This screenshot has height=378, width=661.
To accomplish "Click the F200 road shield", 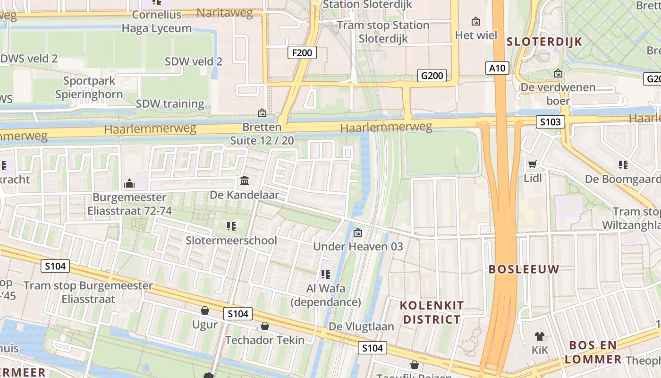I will tap(302, 52).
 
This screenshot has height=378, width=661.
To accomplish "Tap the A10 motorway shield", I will tap(497, 68).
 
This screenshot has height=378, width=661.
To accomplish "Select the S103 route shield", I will tap(551, 122).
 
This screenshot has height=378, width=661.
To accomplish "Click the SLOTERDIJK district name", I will tap(544, 42).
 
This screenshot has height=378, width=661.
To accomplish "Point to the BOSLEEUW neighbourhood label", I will tap(524, 269).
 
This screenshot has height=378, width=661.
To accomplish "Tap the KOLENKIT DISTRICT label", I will tap(432, 312).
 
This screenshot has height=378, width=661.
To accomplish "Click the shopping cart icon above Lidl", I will tap(533, 164).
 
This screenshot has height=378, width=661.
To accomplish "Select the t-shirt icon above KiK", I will tap(540, 336).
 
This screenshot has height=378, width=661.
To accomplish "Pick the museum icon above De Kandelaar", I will tap(245, 181).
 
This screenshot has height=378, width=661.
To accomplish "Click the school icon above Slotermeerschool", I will tap(231, 226).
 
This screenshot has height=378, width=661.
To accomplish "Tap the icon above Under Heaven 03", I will tap(358, 232).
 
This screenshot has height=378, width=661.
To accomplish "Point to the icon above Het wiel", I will tap(476, 21).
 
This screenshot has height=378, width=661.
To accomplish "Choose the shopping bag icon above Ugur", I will tap(205, 310).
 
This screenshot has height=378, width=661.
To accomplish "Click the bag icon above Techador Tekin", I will tap(265, 326).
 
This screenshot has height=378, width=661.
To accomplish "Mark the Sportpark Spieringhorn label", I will tap(89, 87).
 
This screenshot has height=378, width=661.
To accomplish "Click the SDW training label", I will tap(170, 104).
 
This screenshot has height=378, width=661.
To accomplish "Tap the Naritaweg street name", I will tap(225, 13).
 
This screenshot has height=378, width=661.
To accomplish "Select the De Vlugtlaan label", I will tap(361, 326).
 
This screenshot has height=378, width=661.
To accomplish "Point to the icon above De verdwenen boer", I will tap(558, 73).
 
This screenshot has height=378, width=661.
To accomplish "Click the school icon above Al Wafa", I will tap(325, 274).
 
